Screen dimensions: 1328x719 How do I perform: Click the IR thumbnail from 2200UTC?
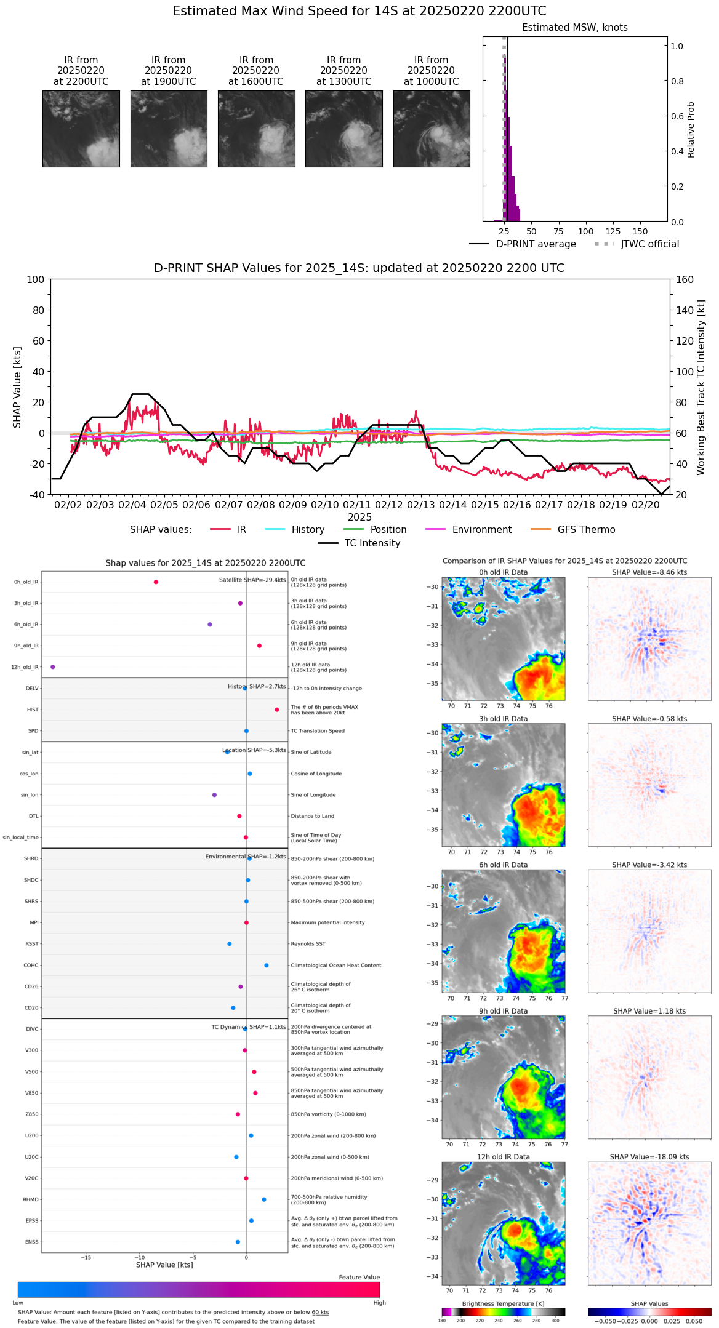click(81, 129)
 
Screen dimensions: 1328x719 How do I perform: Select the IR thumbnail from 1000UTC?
click(431, 129)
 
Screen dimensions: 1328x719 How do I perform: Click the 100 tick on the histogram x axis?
click(585, 231)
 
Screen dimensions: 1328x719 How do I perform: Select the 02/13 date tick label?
click(420, 505)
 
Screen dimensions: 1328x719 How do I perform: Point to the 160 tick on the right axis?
click(685, 280)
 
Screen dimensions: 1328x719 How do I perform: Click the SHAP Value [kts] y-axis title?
click(17, 387)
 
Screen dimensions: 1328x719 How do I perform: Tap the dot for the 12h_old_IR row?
click(52, 667)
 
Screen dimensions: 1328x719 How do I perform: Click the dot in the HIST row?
click(277, 710)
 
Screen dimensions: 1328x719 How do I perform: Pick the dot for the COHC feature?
click(267, 965)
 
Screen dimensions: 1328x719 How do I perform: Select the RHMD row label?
click(31, 1199)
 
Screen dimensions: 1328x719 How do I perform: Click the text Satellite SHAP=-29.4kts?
click(252, 580)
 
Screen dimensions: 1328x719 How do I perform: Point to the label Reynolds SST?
click(308, 944)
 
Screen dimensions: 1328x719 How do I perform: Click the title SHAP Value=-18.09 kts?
click(649, 1157)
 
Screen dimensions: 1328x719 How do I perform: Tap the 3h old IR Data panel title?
click(503, 719)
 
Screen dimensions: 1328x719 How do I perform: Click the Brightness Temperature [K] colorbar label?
click(503, 1303)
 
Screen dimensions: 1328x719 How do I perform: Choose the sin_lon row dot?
click(214, 795)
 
